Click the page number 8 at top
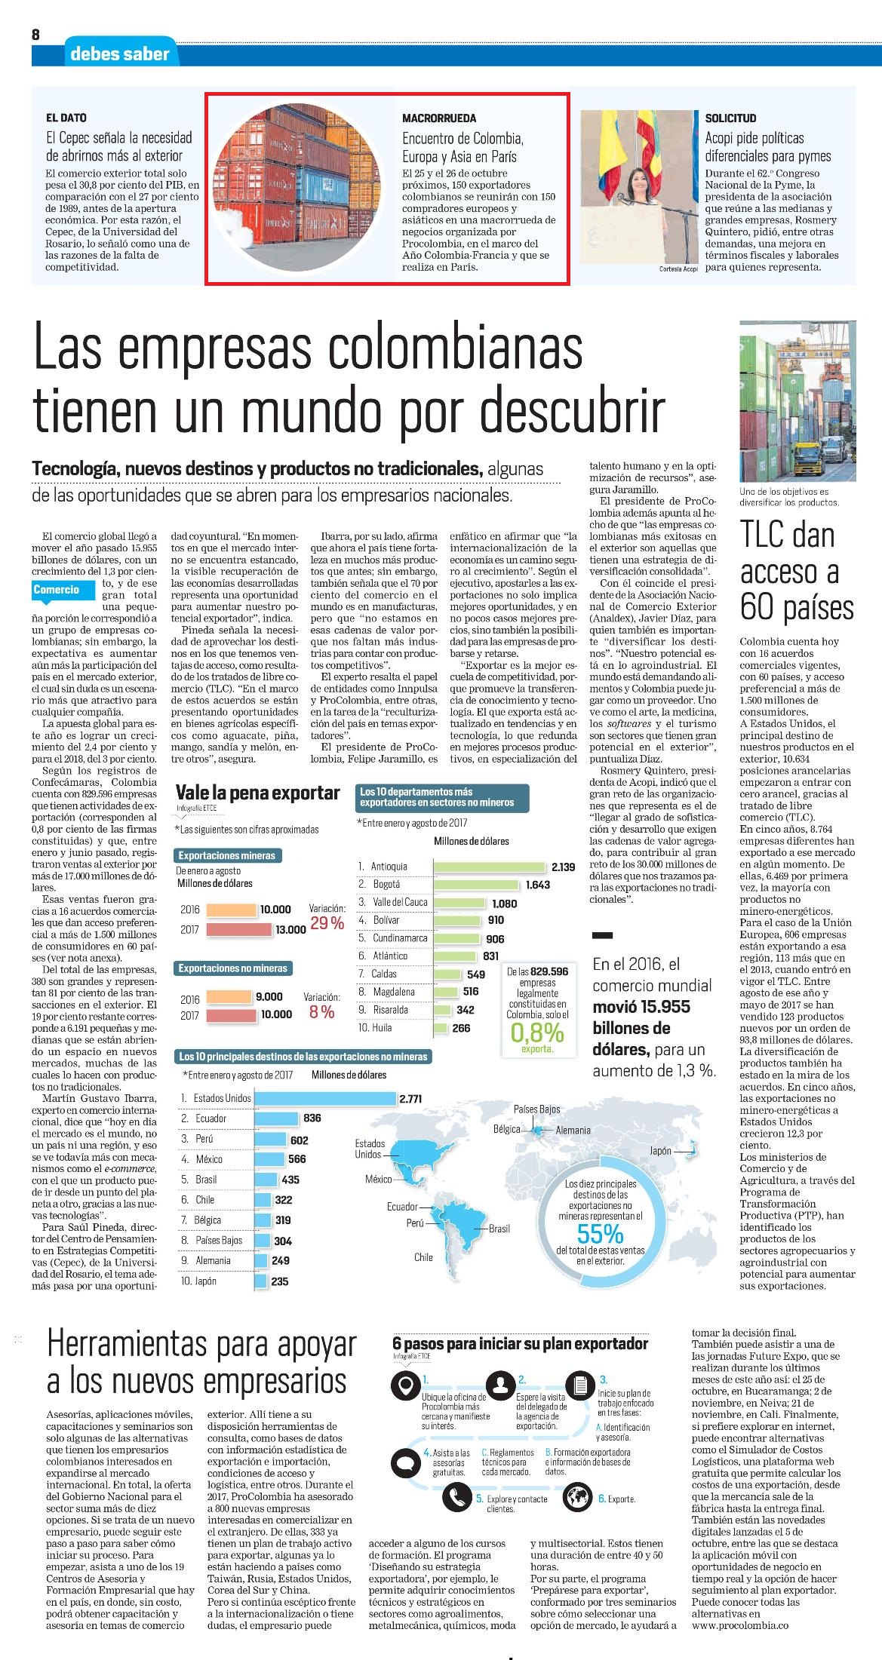pos(35,34)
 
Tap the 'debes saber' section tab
pos(119,53)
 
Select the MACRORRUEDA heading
pos(439,118)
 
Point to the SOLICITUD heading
pos(730,118)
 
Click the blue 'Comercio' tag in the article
pos(57,590)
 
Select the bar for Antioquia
pos(490,867)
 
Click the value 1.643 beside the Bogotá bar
pos(538,885)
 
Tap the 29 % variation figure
pos(327,923)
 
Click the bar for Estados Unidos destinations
pos(326,1099)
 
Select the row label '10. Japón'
pos(198,1281)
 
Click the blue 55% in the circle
pos(600,1234)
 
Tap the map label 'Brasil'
pos(499,1229)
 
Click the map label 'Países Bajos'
pos(536,1109)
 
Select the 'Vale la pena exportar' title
pos(257,793)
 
